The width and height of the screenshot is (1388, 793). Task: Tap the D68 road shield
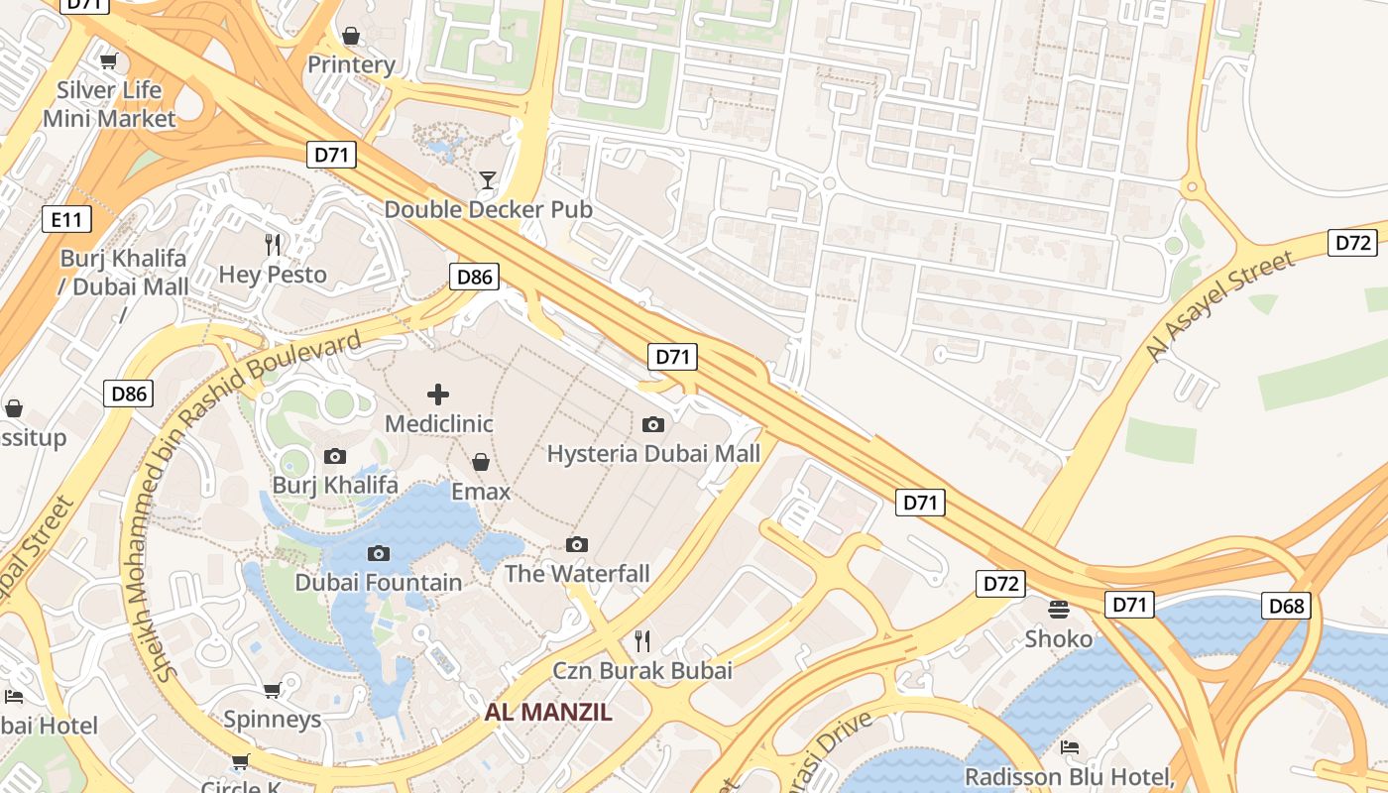[x=1286, y=606]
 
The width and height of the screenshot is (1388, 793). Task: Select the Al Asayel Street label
[x=1220, y=306]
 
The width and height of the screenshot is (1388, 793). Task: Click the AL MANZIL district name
[x=548, y=712]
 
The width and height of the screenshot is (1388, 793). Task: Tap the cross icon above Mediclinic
[x=438, y=395]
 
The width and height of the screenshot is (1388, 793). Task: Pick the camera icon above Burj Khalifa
[x=335, y=456]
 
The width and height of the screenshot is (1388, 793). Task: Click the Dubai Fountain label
[x=379, y=583]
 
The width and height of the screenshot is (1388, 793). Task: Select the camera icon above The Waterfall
[x=577, y=544]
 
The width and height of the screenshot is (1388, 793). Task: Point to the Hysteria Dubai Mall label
[x=653, y=454]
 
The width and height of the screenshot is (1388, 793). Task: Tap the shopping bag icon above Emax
[x=481, y=462]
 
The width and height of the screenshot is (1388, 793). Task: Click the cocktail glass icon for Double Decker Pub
[x=488, y=179]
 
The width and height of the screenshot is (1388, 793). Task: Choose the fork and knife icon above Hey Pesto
[x=273, y=244]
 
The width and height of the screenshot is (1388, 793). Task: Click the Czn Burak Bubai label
[x=642, y=670]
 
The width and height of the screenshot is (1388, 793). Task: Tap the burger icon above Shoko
[x=1059, y=609]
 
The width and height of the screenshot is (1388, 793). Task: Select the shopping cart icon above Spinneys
[x=272, y=690]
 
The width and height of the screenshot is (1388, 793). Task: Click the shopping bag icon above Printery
[x=351, y=36]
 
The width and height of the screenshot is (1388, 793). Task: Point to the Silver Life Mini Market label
[x=109, y=104]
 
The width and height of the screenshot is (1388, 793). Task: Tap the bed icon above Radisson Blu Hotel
[x=1070, y=746]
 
